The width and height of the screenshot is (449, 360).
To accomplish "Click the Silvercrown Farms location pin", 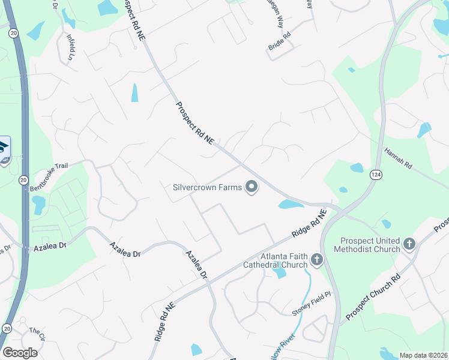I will [252, 188].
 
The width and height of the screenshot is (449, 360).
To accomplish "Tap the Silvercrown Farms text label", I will [207, 187].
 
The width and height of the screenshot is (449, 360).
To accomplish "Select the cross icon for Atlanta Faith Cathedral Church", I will [316, 260].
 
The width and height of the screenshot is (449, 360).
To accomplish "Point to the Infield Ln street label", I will [71, 47].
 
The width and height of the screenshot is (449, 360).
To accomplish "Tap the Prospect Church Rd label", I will [372, 298].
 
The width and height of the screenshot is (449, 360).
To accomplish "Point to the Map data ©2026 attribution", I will [423, 355].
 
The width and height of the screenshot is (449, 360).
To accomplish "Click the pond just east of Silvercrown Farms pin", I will [291, 205].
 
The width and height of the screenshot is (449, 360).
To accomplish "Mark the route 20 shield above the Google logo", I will [7, 328].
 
